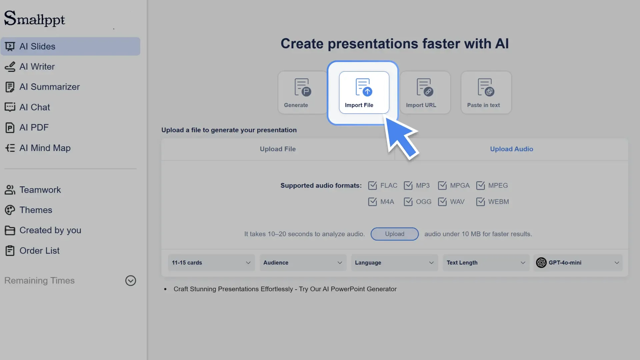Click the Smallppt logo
[35, 19]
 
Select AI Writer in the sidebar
[37, 67]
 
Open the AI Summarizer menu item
[49, 87]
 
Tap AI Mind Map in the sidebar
[45, 148]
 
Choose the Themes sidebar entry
[36, 210]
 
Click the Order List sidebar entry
[39, 251]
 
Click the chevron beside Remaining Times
[130, 281]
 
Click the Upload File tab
[278, 149]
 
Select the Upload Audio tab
[511, 149]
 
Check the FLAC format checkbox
[372, 186]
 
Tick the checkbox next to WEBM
[480, 202]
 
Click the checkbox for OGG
[408, 202]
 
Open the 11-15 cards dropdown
[211, 263]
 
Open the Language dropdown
[394, 263]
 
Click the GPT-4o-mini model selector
[578, 263]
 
